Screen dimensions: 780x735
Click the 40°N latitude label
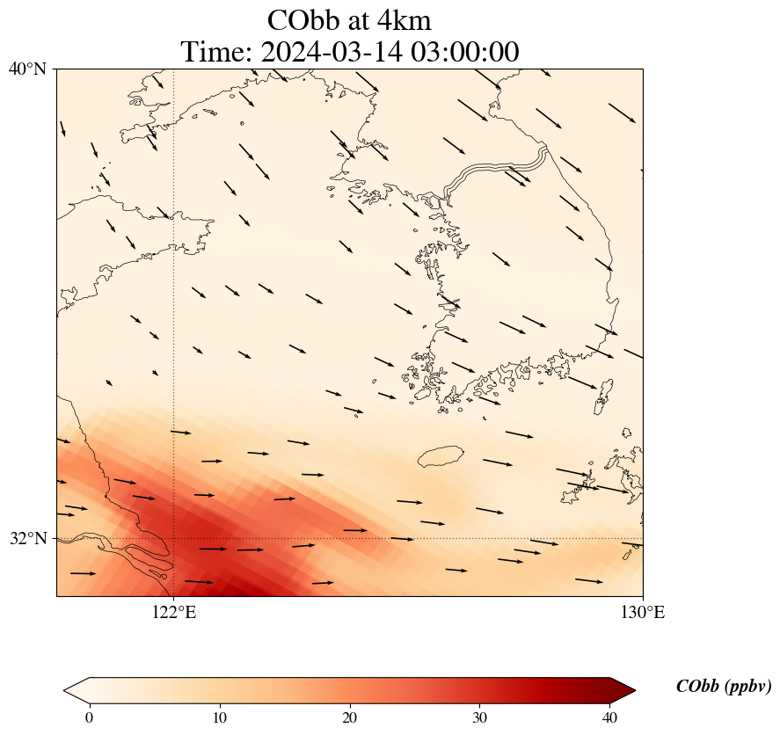pos(27,69)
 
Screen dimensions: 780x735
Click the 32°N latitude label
pos(28,538)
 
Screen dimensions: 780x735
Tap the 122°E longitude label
pos(174,612)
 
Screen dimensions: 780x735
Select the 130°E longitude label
pos(643,612)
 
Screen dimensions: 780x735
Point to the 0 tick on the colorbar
pos(90,717)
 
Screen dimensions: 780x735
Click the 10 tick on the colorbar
pos(219,717)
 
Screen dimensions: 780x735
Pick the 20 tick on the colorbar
pos(350,717)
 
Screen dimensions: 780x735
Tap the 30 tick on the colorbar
pos(479,717)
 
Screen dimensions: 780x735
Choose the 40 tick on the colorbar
pos(609,717)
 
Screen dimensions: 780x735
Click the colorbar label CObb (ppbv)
pos(724,687)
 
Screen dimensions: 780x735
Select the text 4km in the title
pos(404,21)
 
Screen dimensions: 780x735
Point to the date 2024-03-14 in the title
pos(332,52)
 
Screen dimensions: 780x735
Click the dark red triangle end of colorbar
pos(622,690)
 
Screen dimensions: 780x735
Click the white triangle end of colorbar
pos(77,690)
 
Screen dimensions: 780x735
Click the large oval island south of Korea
pos(441,456)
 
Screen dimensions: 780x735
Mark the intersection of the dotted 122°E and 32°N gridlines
pos(173,539)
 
